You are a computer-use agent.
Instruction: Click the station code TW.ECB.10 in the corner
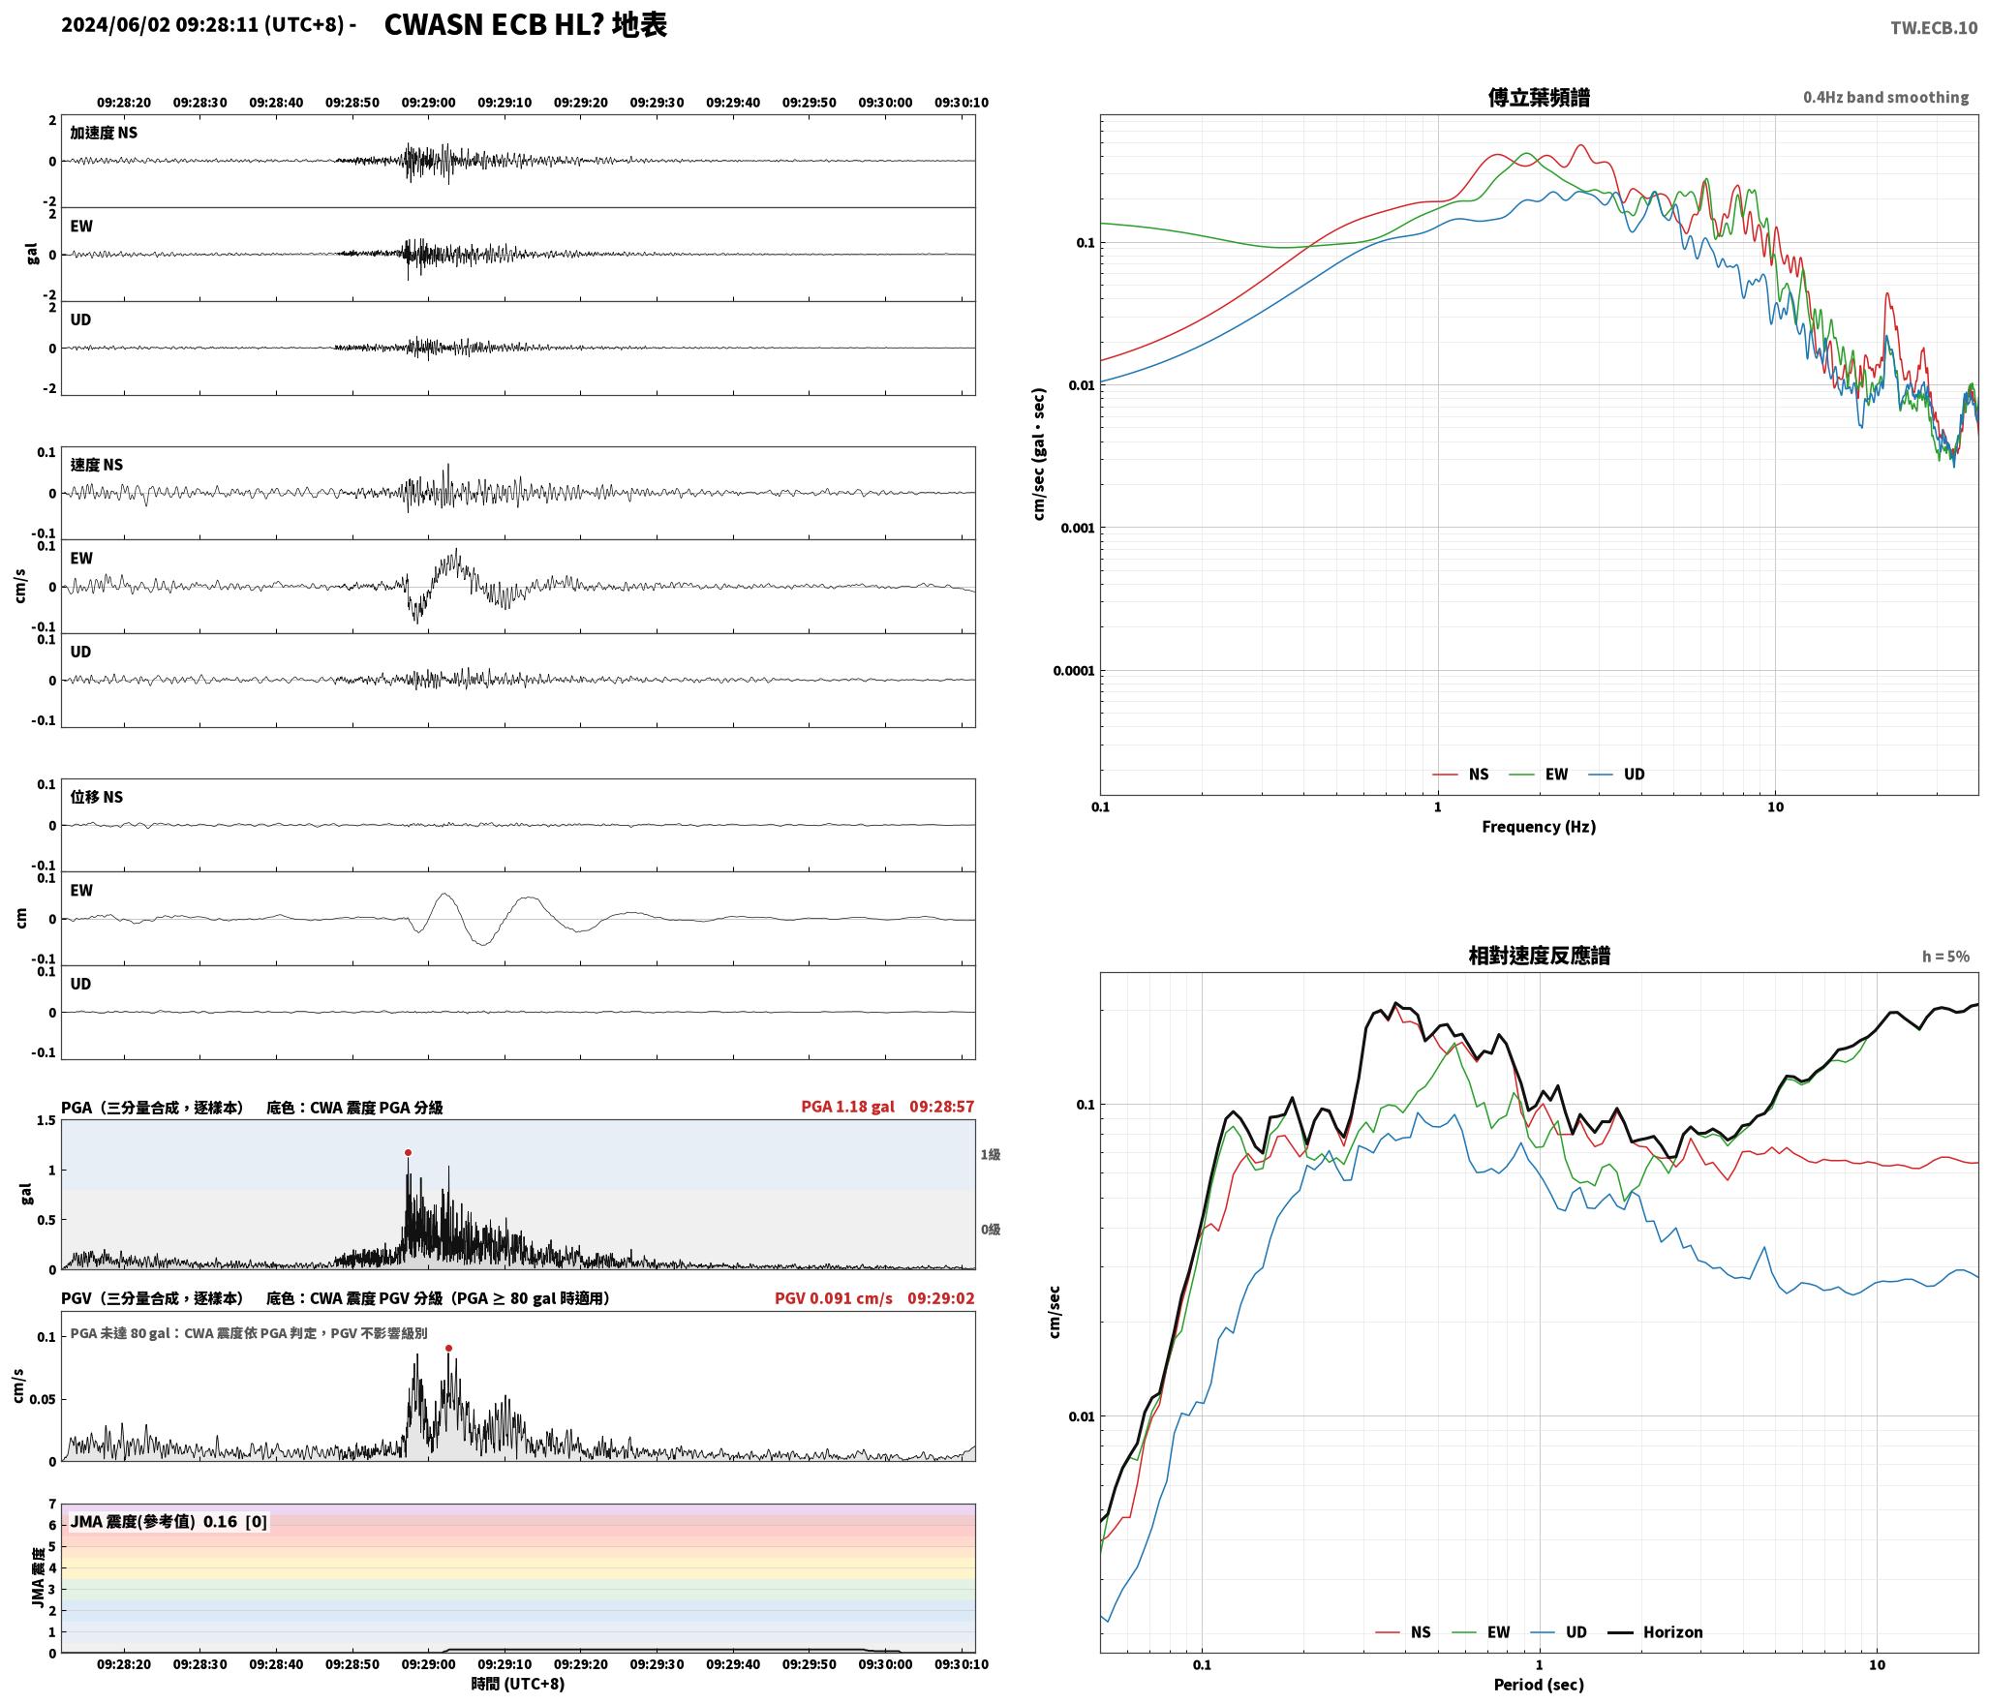(x=1934, y=28)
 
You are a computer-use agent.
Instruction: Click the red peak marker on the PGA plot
(x=408, y=1152)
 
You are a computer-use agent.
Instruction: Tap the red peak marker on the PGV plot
(x=448, y=1348)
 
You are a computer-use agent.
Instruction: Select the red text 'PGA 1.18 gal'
(x=847, y=1107)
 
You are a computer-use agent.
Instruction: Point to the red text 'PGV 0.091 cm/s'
(x=834, y=1298)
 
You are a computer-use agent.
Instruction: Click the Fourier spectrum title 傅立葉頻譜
(x=1539, y=97)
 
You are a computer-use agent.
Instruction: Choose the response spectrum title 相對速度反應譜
(x=1539, y=956)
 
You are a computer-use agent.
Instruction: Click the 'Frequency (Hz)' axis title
(x=1539, y=826)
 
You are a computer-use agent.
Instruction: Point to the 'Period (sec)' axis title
(x=1539, y=1684)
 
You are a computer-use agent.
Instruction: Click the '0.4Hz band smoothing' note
(x=1885, y=97)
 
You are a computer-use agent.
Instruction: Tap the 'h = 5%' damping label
(x=1945, y=957)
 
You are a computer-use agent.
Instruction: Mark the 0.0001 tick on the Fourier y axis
(x=1073, y=670)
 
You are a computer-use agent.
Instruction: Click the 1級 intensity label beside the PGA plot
(x=990, y=1154)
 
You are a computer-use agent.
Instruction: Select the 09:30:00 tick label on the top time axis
(x=885, y=102)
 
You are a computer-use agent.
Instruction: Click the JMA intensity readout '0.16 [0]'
(x=235, y=1521)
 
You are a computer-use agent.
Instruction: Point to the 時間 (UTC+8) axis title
(x=518, y=1683)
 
